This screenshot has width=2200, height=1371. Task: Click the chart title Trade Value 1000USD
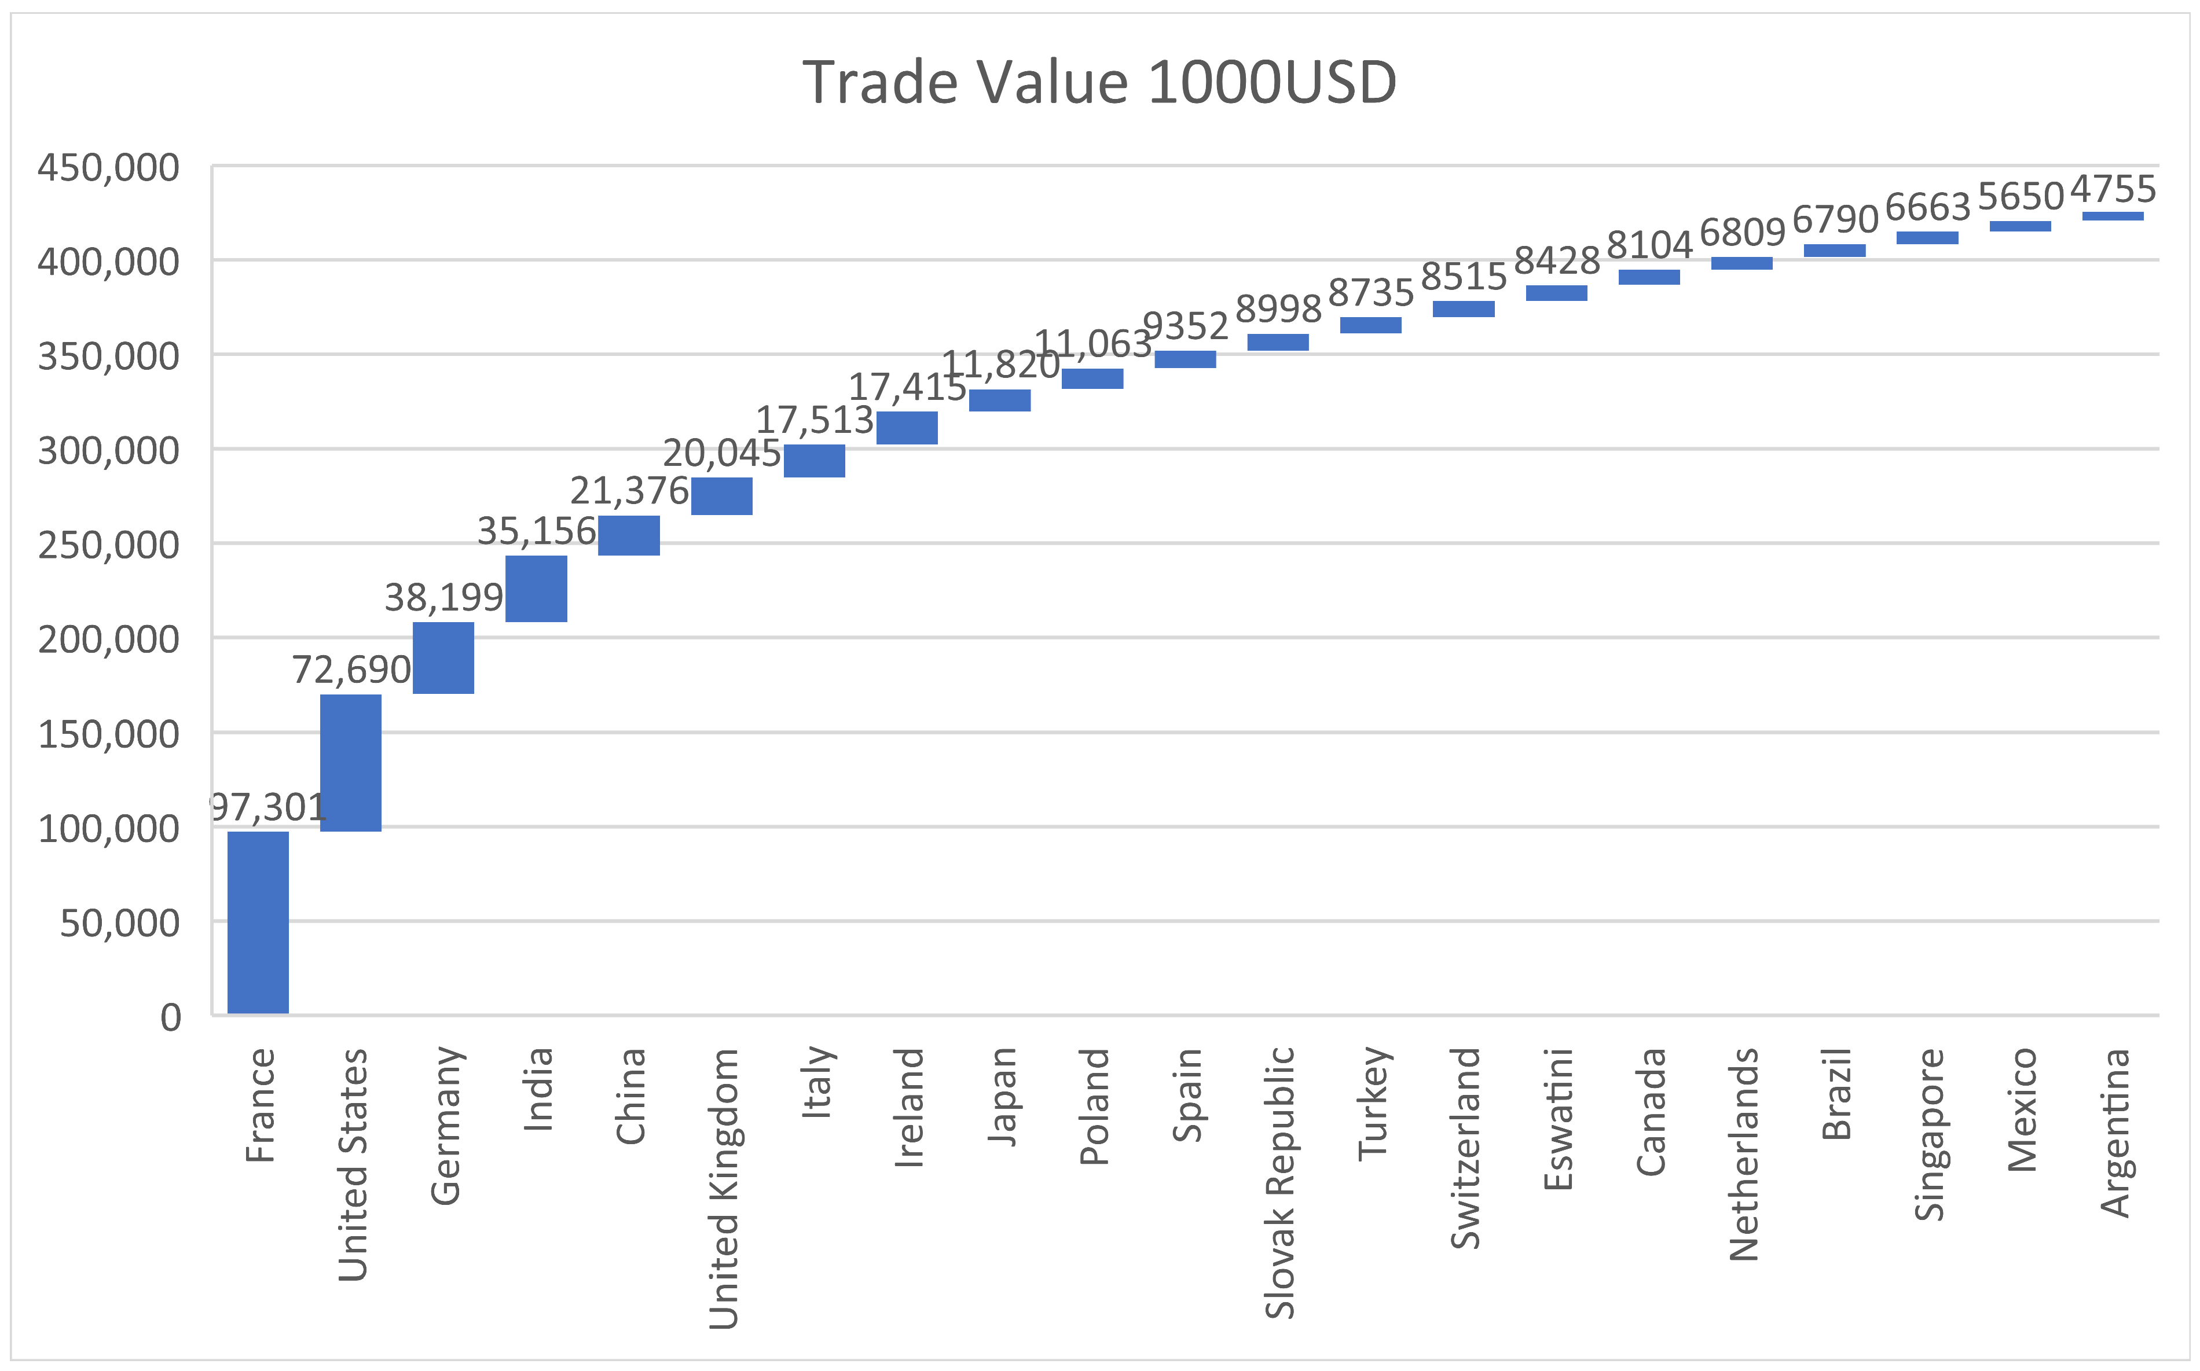pyautogui.click(x=1099, y=83)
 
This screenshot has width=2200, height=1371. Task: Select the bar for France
pyautogui.click(x=258, y=921)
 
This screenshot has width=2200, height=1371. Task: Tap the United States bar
pyautogui.click(x=351, y=763)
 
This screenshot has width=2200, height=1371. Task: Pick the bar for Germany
pyautogui.click(x=443, y=657)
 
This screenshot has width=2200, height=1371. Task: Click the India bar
pyautogui.click(x=536, y=589)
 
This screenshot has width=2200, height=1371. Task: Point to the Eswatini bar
pyautogui.click(x=1556, y=293)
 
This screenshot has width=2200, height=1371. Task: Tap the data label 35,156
pyautogui.click(x=536, y=531)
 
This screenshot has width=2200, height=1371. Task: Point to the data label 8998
pyautogui.click(x=1278, y=309)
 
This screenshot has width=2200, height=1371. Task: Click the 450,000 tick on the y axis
pyautogui.click(x=109, y=168)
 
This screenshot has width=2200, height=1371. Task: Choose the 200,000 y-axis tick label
pyautogui.click(x=109, y=639)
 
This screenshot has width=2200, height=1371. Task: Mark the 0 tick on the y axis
pyautogui.click(x=170, y=1017)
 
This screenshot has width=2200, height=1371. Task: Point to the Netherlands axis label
pyautogui.click(x=1742, y=1155)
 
